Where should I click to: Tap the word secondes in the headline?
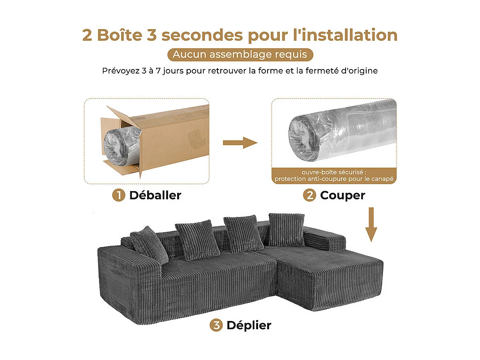[202, 35]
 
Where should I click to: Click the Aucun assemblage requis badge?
[240, 55]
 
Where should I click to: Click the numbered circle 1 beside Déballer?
[118, 195]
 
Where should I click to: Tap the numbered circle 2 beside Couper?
[309, 195]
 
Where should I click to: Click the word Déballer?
[155, 195]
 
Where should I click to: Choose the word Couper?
[342, 195]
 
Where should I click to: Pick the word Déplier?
[249, 325]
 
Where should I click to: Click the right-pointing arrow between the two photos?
[240, 143]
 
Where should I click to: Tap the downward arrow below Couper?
[372, 224]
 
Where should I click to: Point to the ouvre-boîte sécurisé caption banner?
[334, 175]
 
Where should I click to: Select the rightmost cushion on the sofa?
[286, 229]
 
